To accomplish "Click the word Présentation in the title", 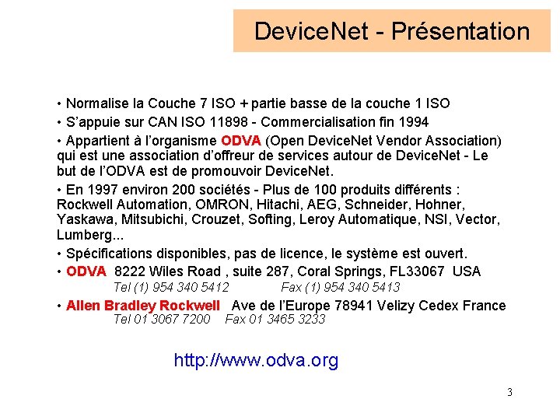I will coord(460,32).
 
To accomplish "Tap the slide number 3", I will coord(509,392).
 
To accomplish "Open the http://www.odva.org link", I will coord(256,361).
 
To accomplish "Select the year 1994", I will coord(412,122).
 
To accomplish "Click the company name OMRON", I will coord(212,204).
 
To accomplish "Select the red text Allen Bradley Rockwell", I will coord(143,306).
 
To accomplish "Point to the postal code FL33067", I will coord(418,271).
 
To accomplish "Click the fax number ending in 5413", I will coord(353,288).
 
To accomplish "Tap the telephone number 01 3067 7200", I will coord(173,319).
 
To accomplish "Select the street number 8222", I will coord(129,271).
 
